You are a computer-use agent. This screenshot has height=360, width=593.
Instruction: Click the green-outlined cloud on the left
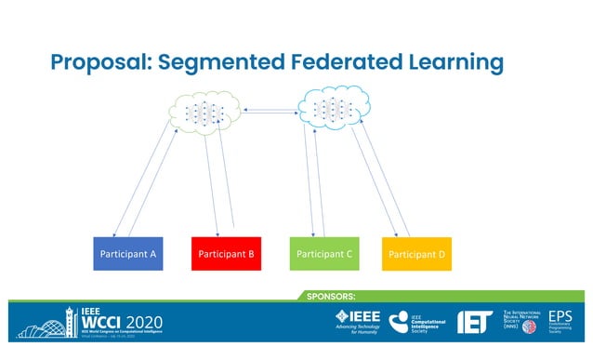pyautogui.click(x=202, y=113)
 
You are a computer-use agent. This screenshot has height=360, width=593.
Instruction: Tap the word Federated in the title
pyautogui.click(x=354, y=62)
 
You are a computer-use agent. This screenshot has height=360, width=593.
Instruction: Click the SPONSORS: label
pyautogui.click(x=331, y=296)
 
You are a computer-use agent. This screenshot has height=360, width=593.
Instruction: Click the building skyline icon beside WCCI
pyautogui.click(x=38, y=324)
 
